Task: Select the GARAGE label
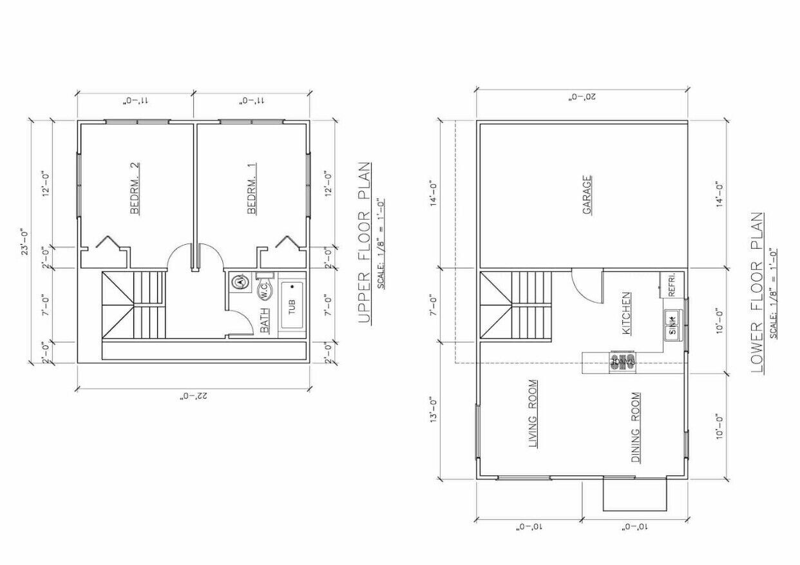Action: [x=587, y=195]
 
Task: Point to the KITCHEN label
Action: [x=626, y=314]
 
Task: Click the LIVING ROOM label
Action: [x=533, y=414]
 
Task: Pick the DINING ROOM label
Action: [x=635, y=428]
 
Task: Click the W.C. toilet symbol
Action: [x=265, y=291]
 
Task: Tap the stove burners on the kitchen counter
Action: [x=623, y=361]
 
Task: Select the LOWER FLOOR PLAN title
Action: [x=758, y=293]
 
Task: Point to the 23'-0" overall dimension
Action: [x=24, y=242]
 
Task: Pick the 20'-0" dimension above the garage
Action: [x=582, y=97]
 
